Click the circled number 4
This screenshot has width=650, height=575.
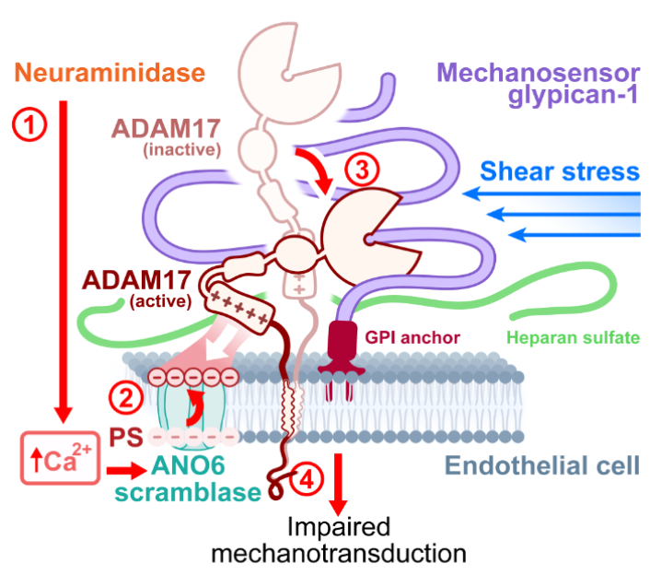point(310,478)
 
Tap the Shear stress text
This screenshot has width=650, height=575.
point(559,170)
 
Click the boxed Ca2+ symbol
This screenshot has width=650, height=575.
point(58,457)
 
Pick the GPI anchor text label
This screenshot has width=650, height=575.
point(398,338)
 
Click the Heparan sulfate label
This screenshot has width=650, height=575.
point(574,338)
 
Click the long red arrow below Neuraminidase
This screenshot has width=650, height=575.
point(63,258)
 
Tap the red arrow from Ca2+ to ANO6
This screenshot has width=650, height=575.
point(121,470)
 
